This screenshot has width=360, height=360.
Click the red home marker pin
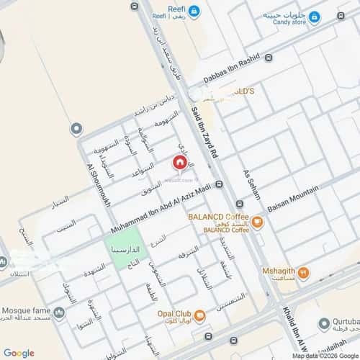coord(179,162)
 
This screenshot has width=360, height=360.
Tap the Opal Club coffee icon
coord(200,315)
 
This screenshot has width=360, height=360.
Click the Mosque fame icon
coord(59,313)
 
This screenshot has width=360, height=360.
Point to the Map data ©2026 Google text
coord(324,356)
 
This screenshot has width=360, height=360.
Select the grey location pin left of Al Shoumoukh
coord(76,129)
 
